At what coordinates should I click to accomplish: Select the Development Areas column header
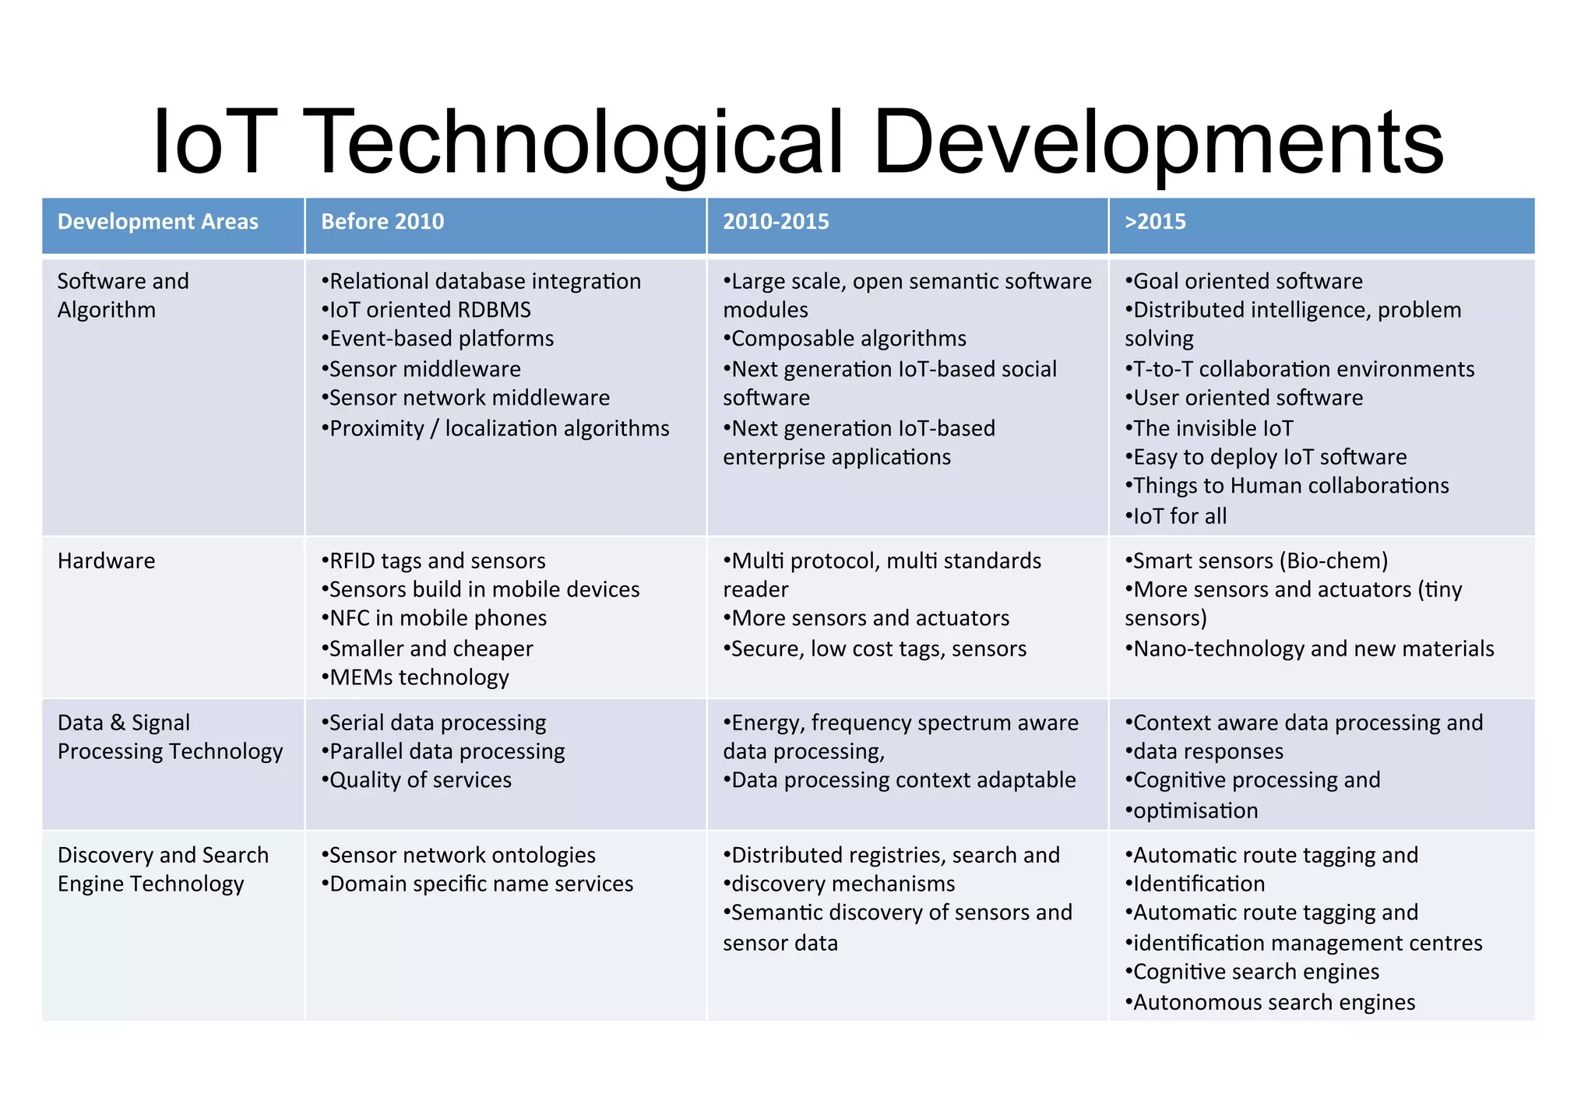point(157,222)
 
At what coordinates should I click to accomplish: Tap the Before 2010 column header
point(382,222)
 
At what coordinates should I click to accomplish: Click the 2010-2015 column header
point(776,222)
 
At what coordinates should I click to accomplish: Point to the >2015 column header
point(1155,222)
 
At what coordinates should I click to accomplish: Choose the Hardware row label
point(107,561)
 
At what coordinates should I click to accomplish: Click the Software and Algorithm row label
point(123,295)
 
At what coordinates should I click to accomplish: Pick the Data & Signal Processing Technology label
point(170,737)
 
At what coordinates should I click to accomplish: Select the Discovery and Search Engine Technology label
point(163,869)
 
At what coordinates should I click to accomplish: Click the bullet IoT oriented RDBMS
point(427,310)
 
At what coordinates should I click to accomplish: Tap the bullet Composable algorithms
point(846,339)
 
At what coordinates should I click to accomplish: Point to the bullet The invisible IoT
point(1209,428)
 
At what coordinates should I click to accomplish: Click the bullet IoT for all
point(1177,516)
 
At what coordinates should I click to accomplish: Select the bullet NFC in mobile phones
point(435,618)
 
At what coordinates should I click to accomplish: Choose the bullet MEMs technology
point(416,677)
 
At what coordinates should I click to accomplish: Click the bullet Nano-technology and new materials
point(1310,649)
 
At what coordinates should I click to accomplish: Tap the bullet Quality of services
point(417,780)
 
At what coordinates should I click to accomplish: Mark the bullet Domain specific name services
point(478,884)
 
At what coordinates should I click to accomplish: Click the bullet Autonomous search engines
point(1271,1002)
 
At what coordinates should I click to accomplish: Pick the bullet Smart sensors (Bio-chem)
point(1257,561)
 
